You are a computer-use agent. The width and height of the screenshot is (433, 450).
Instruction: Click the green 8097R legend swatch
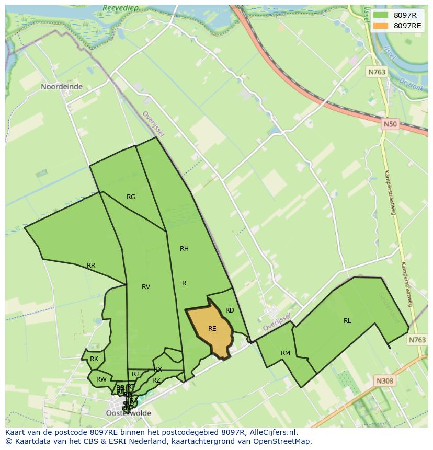381,16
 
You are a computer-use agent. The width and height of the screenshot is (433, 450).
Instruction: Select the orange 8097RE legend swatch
381,26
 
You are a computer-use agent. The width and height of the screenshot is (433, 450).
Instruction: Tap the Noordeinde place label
62,87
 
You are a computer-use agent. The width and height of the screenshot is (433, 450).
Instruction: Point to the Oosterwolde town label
129,413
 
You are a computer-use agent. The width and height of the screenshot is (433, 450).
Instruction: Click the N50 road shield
390,124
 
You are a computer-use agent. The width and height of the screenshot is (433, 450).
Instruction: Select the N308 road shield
384,381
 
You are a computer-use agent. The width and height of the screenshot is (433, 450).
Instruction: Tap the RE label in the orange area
212,329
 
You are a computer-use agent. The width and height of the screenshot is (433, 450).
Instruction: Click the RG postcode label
131,197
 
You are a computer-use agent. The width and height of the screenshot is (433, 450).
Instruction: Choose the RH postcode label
184,249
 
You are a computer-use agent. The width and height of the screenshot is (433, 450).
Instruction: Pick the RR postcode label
91,266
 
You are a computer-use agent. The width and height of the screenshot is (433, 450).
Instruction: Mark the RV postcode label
146,286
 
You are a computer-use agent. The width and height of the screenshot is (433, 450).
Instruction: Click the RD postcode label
230,310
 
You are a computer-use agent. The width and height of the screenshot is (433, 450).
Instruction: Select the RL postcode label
347,321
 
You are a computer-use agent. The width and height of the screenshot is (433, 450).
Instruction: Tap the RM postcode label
285,353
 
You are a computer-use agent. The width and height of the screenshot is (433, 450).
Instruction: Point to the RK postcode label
94,359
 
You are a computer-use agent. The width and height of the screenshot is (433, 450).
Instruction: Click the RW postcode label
101,379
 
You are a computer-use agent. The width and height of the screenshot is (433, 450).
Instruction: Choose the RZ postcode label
156,380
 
